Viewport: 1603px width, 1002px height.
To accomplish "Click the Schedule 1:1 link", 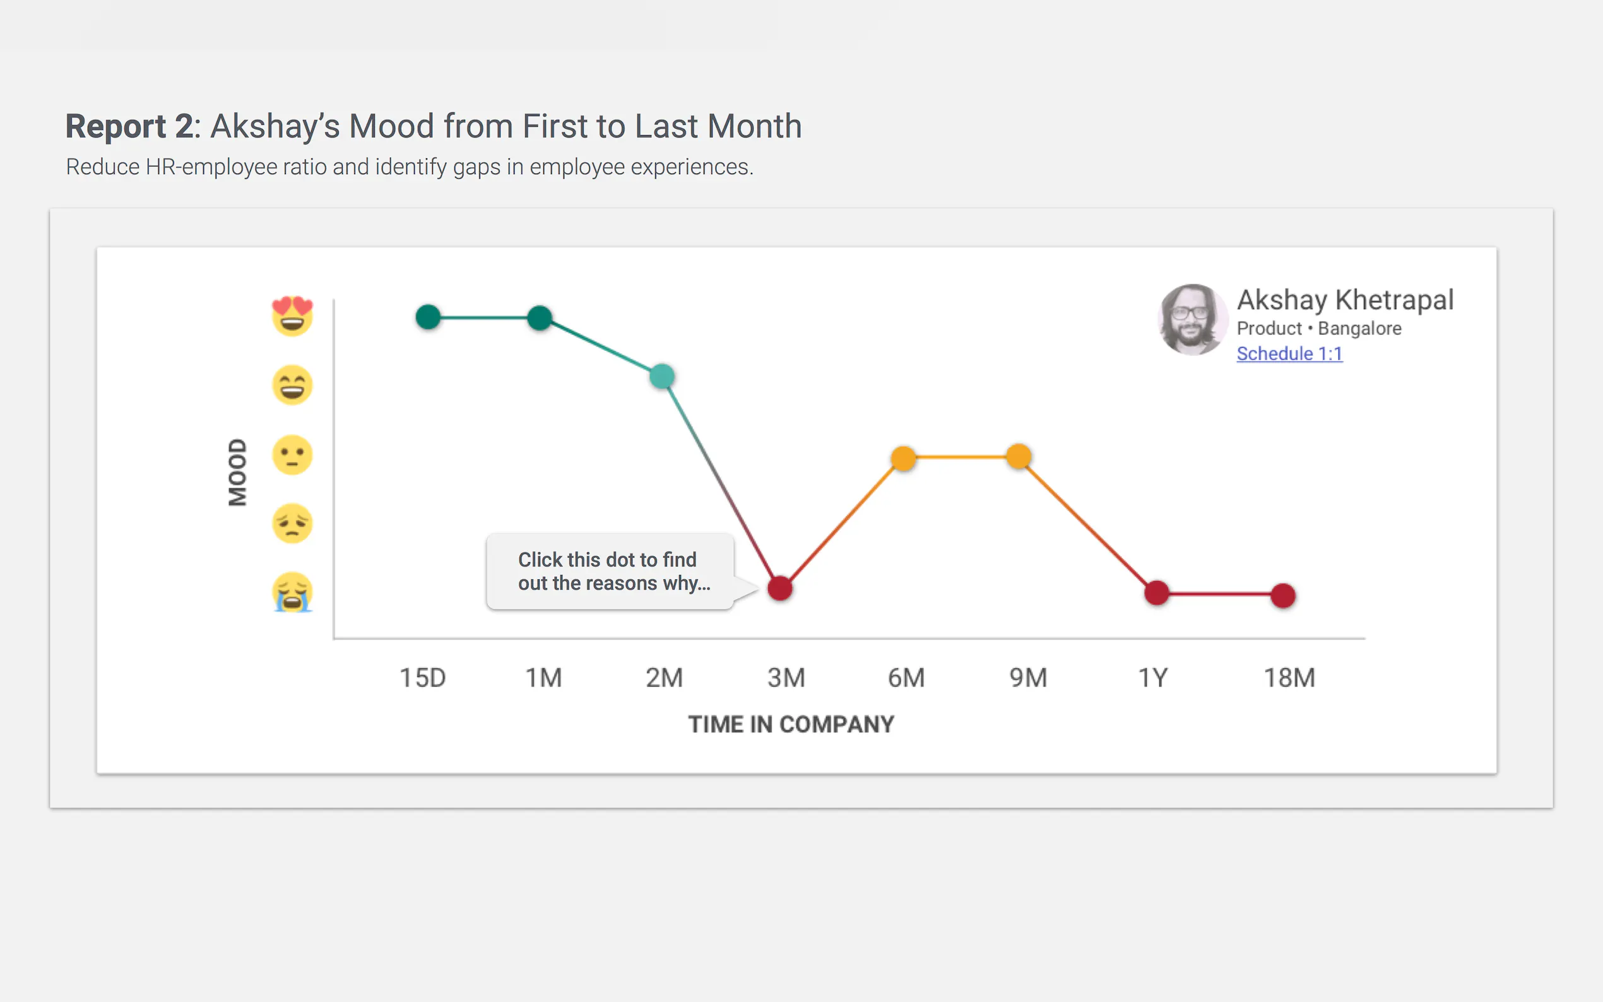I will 1289,354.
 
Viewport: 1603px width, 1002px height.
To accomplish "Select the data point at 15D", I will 428,317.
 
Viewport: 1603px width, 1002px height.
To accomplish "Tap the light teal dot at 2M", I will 662,377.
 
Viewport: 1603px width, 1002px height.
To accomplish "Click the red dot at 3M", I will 780,589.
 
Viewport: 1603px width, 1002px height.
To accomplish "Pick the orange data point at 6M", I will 903,458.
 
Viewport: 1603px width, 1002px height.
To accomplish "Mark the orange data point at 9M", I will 1019,456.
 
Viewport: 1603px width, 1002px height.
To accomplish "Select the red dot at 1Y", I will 1156,592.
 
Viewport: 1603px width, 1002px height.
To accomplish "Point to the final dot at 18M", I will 1283,596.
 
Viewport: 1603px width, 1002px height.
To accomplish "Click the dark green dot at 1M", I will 540,318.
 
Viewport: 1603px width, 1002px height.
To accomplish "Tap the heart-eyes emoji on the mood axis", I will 292,316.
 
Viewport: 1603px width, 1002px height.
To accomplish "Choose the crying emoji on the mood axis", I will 292,592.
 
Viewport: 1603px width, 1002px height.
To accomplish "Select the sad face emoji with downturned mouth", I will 292,524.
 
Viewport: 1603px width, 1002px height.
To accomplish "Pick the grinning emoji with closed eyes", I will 292,385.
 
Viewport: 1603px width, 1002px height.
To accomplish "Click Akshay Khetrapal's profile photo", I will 1192,320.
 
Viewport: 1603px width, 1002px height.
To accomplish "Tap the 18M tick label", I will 1289,678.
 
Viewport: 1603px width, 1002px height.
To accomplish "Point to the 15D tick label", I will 423,678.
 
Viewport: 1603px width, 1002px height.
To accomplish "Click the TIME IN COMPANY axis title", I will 791,724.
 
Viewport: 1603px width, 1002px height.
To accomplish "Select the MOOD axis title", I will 237,472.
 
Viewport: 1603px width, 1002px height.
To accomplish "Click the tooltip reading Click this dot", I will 610,571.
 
